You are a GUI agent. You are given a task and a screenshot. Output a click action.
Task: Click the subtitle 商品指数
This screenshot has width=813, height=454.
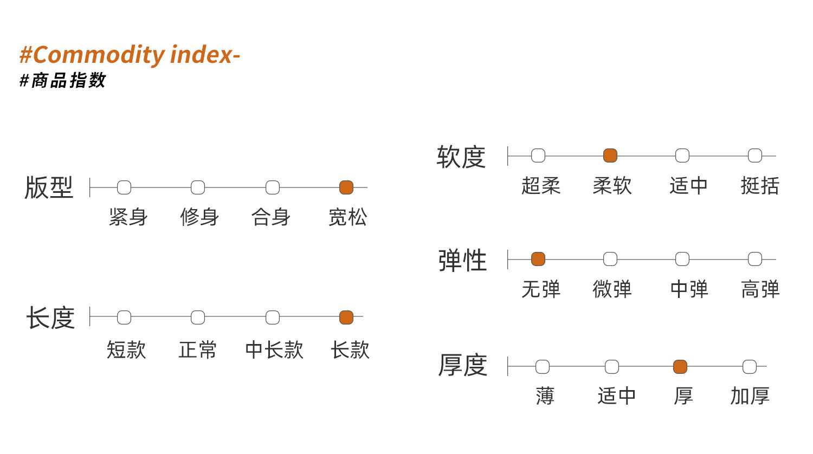pos(68,80)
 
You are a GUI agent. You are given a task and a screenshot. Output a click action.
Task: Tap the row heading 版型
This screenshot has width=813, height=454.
pos(49,187)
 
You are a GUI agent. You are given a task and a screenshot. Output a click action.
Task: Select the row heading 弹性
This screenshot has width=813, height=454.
pos(462,260)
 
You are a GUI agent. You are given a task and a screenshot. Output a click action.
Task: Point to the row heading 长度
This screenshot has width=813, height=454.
pos(50,317)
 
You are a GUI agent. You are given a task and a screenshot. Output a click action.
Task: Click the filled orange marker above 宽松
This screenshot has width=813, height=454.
pos(346,187)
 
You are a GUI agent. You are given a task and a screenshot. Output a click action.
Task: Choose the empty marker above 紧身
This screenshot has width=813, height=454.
pos(124,187)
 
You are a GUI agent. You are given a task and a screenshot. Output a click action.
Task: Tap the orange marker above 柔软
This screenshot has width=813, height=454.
pos(610,155)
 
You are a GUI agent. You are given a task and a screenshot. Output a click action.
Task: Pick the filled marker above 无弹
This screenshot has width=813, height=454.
pos(538,259)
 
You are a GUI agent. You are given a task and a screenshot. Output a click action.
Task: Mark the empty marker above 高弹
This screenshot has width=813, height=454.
pos(755,259)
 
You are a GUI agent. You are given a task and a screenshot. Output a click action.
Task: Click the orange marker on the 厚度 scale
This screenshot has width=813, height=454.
pos(680,367)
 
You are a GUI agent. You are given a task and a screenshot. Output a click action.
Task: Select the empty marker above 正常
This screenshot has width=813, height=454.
pos(198,317)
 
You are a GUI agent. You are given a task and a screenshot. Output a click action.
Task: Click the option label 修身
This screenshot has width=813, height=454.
pos(199,217)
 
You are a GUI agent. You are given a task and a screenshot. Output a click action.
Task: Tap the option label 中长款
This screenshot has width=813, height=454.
pos(274,350)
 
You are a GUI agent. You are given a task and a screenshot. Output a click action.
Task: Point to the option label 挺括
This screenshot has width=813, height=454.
pos(760,186)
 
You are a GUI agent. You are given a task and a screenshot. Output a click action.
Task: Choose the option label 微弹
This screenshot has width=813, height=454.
pos(612,289)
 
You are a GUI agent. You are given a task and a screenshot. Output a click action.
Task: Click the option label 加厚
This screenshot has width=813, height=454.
pos(750,395)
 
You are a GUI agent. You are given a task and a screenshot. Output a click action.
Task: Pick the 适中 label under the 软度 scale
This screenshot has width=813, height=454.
pos(688,186)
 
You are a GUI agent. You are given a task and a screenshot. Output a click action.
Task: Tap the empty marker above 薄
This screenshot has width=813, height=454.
pos(543,367)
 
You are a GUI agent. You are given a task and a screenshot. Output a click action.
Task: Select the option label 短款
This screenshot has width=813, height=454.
pos(126,350)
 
